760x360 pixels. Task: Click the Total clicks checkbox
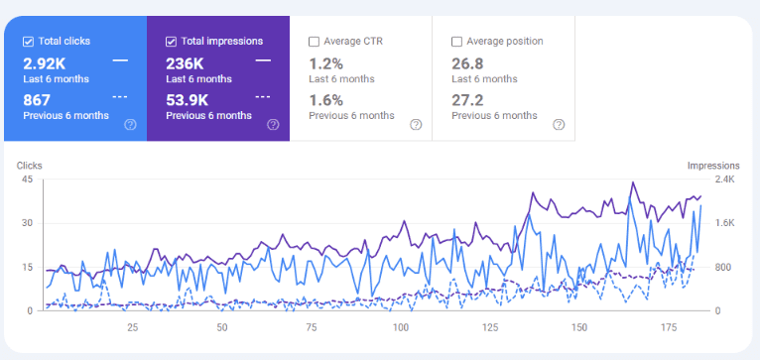[29, 42]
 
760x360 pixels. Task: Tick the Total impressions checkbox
[172, 42]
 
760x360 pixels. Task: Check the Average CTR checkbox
[315, 42]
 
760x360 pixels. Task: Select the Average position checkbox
[457, 42]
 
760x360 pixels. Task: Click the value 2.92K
[46, 61]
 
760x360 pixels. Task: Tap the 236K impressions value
[186, 61]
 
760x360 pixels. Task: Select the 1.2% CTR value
[326, 61]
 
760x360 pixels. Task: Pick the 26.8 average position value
[468, 61]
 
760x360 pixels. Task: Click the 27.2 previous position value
[468, 98]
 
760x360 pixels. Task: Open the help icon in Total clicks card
[130, 125]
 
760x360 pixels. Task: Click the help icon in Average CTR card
[416, 125]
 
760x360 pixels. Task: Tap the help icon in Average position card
[559, 125]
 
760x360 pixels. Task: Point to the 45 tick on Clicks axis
[27, 180]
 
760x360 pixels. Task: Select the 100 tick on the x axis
[401, 326]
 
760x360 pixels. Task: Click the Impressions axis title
[713, 165]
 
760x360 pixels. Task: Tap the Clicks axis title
[30, 165]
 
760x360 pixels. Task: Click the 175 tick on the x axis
[668, 326]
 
